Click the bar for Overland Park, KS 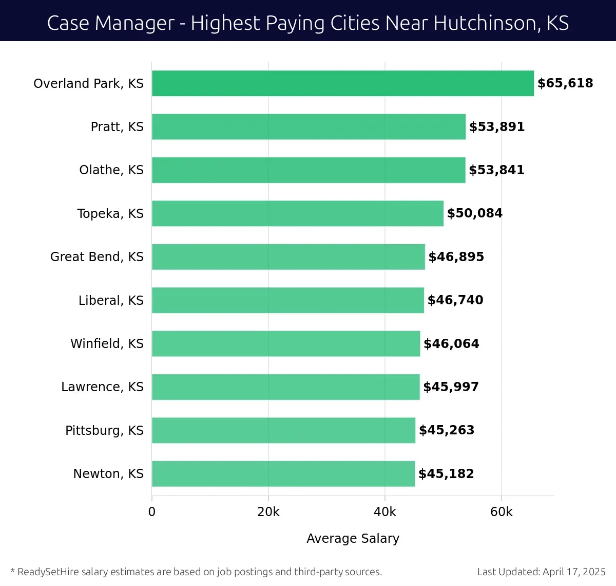click(343, 83)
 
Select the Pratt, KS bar click(309, 126)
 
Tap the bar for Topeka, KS click(298, 213)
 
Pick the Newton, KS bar click(283, 473)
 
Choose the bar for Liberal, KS click(288, 300)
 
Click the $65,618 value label click(565, 83)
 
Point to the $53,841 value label click(496, 170)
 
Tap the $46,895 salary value click(456, 257)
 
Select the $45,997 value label click(451, 387)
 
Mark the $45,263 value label click(447, 430)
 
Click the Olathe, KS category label click(111, 170)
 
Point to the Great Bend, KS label click(97, 257)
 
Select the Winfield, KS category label click(107, 343)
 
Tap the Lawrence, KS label click(102, 387)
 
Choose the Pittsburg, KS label click(104, 430)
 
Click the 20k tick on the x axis click(268, 512)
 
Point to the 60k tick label click(502, 512)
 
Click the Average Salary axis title click(353, 538)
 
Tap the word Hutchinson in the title click(484, 23)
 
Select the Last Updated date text click(541, 572)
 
